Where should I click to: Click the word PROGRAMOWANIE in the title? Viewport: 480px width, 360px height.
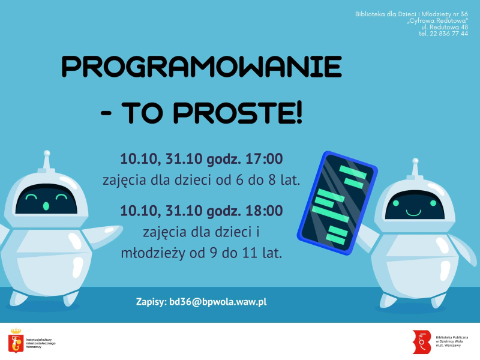(x=202, y=67)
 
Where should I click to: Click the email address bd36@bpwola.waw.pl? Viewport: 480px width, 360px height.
(x=218, y=302)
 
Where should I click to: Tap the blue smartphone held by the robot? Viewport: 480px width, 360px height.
(x=337, y=202)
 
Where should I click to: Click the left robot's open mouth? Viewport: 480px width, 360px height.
(x=46, y=206)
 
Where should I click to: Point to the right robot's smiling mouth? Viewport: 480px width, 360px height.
(x=412, y=212)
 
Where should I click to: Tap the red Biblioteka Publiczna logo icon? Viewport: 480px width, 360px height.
(x=422, y=341)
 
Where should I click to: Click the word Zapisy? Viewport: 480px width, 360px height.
(x=150, y=302)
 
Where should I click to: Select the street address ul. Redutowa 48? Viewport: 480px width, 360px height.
(x=445, y=27)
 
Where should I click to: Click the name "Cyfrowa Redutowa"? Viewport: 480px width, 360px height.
(x=438, y=20)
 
